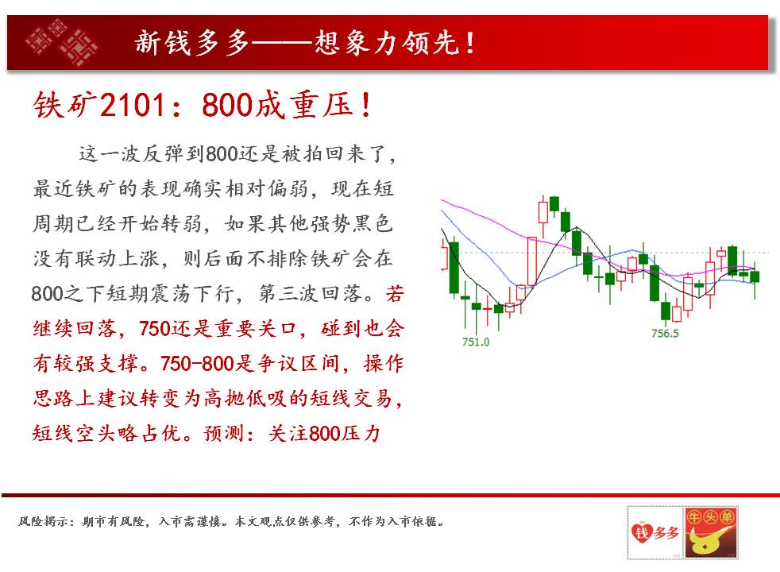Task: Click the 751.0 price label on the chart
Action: click(476, 342)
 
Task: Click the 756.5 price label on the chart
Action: click(665, 333)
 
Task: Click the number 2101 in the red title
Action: click(132, 105)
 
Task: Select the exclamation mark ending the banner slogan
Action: click(469, 43)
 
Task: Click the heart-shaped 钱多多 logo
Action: click(655, 532)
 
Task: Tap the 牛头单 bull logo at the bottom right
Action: click(710, 532)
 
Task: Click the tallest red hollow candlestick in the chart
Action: click(531, 261)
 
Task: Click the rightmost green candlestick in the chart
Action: click(755, 276)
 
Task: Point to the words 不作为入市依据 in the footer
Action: click(393, 521)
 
